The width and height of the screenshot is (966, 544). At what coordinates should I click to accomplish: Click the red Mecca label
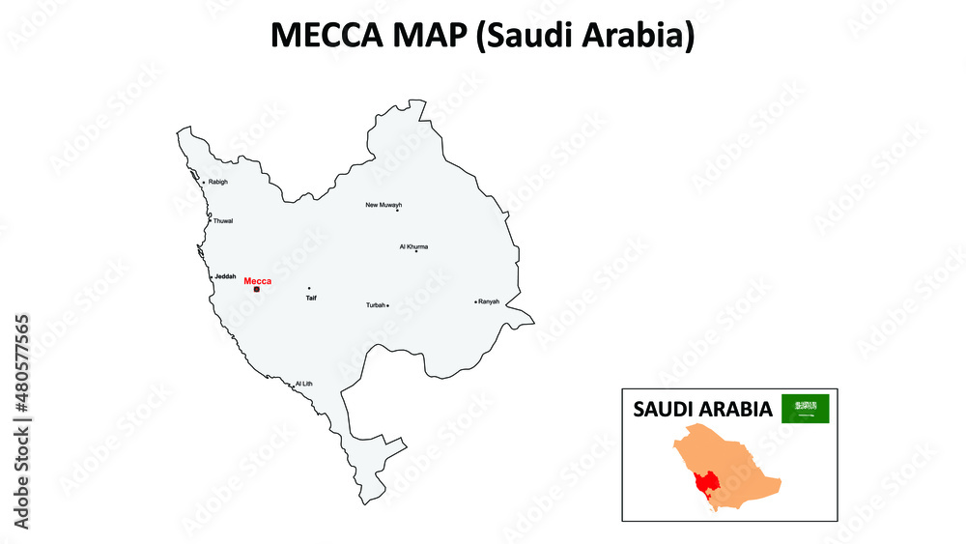pos(258,280)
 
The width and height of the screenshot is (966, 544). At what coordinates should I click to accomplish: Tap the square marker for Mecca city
pos(257,289)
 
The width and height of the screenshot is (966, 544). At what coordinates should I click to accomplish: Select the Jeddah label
pos(225,276)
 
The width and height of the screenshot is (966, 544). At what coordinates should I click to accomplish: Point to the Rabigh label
pos(218,182)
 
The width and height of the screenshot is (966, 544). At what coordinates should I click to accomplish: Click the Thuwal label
pos(223,221)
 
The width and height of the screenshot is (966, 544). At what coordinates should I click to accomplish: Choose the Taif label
pos(311,298)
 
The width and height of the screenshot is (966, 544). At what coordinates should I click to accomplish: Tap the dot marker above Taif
pos(309,288)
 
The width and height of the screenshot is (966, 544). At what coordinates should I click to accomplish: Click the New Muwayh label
pos(384,205)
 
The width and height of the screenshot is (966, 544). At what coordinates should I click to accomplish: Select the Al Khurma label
pos(413,246)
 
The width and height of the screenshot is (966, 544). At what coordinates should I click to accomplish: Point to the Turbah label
pos(375,305)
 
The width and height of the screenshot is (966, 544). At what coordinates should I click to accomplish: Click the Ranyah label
pos(489,301)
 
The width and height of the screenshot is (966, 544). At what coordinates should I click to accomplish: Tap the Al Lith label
pos(304,384)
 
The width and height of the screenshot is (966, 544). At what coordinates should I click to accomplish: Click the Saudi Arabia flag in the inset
pos(805,409)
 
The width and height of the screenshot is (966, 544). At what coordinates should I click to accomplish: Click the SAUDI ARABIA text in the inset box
pos(702,409)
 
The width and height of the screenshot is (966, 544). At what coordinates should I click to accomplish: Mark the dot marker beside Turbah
pos(387,305)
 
